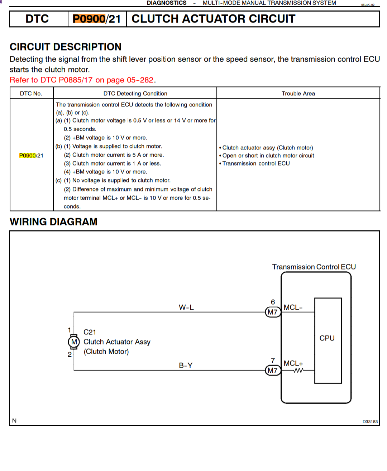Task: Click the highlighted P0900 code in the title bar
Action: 89,19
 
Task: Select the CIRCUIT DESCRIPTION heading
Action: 66,47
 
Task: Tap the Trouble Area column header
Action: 298,94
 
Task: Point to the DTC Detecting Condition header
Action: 135,94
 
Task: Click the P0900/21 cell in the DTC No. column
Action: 31,156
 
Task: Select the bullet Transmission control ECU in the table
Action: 256,163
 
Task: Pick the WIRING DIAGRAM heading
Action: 53,222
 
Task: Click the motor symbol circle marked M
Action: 74,342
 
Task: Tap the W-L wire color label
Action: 186,307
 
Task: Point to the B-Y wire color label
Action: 186,365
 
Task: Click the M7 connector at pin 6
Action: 273,312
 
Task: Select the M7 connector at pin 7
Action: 273,370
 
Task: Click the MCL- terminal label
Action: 293,308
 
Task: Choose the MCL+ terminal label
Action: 293,363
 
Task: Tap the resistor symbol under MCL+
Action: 298,371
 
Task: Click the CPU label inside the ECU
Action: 327,338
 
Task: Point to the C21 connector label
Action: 90,332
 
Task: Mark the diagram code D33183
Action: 370,422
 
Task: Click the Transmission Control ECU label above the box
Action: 314,267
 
